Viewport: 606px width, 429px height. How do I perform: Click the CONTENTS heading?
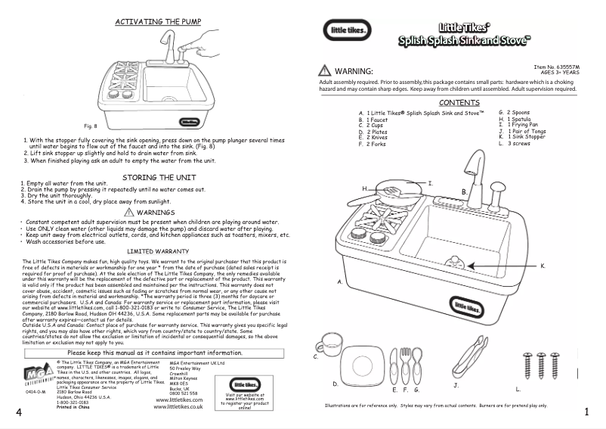click(459, 102)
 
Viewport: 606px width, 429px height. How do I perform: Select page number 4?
click(17, 413)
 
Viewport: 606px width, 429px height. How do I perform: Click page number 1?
click(586, 413)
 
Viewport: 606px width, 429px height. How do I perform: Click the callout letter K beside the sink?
click(542, 266)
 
